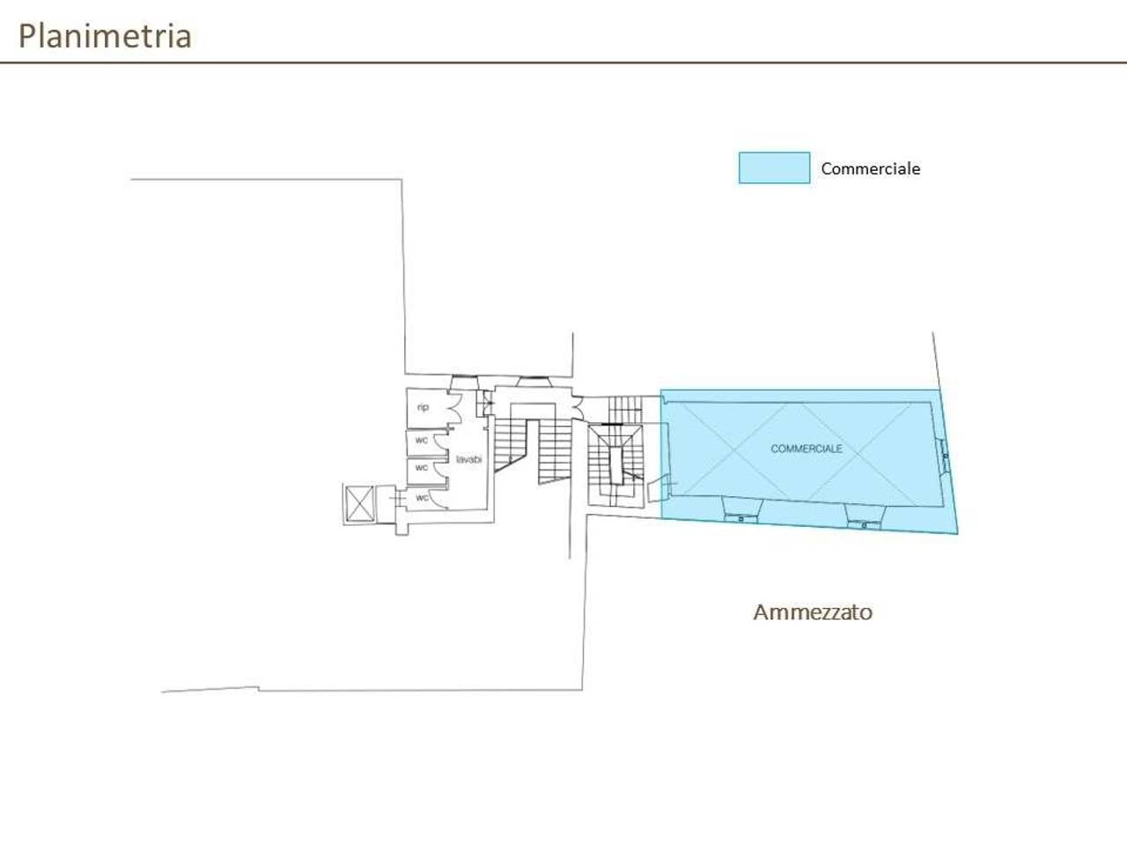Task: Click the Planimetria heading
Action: point(105,36)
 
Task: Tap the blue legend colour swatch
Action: point(774,167)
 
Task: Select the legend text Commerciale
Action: point(870,168)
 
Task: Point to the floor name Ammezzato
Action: point(813,612)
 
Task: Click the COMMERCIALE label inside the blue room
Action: point(807,449)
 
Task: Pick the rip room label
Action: point(423,407)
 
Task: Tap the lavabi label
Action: point(468,459)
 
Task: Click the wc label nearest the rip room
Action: point(422,441)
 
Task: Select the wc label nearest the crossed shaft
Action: point(422,497)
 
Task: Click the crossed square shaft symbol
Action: point(359,503)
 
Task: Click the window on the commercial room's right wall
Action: point(944,456)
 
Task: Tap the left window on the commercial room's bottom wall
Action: point(740,510)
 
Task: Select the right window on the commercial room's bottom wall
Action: point(865,516)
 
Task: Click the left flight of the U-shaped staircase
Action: point(511,445)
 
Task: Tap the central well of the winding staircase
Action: point(616,465)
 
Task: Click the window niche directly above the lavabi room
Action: point(464,382)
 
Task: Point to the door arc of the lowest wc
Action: point(437,499)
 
